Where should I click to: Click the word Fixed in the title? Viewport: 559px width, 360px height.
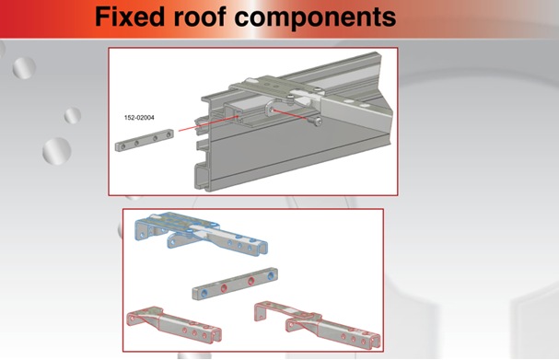[x=130, y=17]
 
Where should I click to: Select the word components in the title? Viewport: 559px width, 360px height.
[x=316, y=18]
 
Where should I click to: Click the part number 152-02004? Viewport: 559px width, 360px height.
[x=139, y=118]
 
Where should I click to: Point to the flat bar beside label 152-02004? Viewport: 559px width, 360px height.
[x=145, y=141]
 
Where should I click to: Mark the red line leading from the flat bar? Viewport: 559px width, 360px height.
[x=208, y=123]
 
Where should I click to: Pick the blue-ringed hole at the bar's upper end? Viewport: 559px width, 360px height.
[x=271, y=275]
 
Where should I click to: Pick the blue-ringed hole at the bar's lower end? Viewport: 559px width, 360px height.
[x=204, y=294]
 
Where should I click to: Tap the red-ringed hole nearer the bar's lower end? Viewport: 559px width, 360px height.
[x=224, y=288]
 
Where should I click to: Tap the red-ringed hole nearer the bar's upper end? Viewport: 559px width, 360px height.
[x=251, y=281]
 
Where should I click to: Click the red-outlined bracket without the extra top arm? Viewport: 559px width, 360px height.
[x=174, y=325]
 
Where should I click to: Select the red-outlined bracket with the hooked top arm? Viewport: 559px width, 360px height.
[x=318, y=325]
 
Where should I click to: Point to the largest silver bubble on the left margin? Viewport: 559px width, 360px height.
[x=57, y=151]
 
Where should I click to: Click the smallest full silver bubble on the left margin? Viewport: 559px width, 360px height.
[x=73, y=115]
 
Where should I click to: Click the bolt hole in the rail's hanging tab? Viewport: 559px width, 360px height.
[x=272, y=110]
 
